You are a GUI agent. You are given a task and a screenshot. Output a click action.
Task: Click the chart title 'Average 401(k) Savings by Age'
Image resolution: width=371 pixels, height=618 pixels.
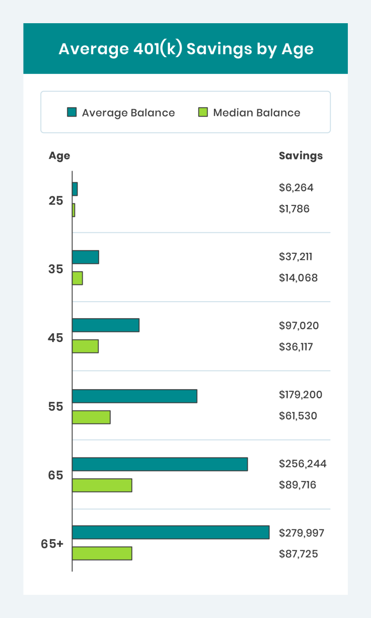click(185, 49)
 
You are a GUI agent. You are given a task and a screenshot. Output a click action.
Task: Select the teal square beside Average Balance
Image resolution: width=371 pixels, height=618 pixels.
click(71, 113)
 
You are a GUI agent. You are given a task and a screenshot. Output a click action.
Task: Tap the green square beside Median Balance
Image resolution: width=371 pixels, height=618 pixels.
click(203, 113)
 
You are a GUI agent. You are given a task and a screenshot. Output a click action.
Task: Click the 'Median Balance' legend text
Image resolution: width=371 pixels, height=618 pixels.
click(257, 113)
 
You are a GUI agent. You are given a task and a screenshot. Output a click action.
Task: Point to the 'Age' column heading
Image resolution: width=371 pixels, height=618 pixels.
click(59, 156)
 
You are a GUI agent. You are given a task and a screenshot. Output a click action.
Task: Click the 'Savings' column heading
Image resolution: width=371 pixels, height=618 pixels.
click(300, 156)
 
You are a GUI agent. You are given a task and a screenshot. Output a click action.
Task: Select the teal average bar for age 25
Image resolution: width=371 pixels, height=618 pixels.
click(75, 189)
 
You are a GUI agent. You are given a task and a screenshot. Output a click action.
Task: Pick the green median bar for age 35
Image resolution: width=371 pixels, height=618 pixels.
click(77, 278)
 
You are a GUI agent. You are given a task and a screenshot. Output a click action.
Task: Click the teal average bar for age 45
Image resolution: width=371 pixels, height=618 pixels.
click(105, 325)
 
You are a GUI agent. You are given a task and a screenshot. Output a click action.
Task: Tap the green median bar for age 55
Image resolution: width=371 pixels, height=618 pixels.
click(91, 417)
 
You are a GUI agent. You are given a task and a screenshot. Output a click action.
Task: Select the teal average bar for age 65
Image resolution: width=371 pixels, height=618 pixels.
click(159, 464)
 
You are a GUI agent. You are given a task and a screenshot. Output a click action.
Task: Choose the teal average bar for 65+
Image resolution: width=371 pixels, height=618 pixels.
click(171, 532)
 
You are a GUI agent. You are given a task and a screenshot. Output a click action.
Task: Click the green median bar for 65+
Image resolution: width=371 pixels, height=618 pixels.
click(102, 553)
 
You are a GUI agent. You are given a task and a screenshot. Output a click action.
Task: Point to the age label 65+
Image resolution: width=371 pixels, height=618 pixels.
click(52, 544)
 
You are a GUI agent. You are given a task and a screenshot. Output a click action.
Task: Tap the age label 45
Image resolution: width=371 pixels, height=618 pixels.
click(56, 338)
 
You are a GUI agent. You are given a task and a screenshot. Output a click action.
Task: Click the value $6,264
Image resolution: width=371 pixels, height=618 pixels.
click(296, 188)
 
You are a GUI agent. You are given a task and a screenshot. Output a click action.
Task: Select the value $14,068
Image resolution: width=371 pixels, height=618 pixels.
click(298, 278)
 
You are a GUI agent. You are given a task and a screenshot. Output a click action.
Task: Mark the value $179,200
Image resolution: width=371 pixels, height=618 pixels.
click(300, 395)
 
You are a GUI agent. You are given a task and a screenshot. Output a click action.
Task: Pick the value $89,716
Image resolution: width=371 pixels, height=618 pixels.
click(298, 485)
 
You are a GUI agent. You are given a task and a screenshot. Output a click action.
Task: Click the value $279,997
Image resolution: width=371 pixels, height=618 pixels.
click(301, 533)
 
